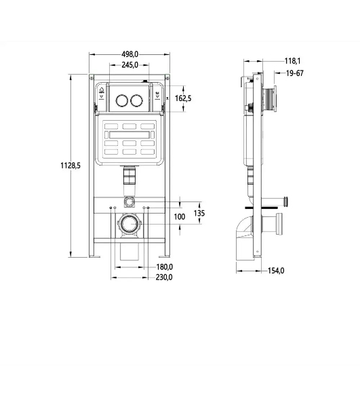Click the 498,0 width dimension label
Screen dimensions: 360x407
pos(130,54)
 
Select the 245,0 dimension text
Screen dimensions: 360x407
pos(130,65)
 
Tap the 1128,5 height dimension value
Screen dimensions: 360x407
pos(71,166)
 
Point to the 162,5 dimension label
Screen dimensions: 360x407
pos(183,98)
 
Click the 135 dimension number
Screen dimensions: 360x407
pos(199,213)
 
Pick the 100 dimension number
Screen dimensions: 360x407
pos(180,217)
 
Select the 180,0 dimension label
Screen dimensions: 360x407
pos(165,267)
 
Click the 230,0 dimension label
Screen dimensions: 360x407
pos(164,277)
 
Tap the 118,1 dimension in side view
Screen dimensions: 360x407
pos(293,61)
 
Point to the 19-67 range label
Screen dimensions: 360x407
pos(295,73)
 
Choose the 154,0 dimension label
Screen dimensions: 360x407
pos(276,271)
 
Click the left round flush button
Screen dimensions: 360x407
pos(121,100)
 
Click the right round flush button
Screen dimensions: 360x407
pos(136,100)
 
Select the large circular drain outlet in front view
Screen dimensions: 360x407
pos(129,224)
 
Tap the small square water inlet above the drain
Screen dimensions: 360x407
pos(129,202)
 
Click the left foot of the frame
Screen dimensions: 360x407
pos(95,256)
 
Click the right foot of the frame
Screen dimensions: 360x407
pos(165,256)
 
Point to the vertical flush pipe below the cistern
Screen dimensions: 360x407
pos(129,181)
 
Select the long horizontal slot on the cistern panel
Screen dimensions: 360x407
pos(129,135)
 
